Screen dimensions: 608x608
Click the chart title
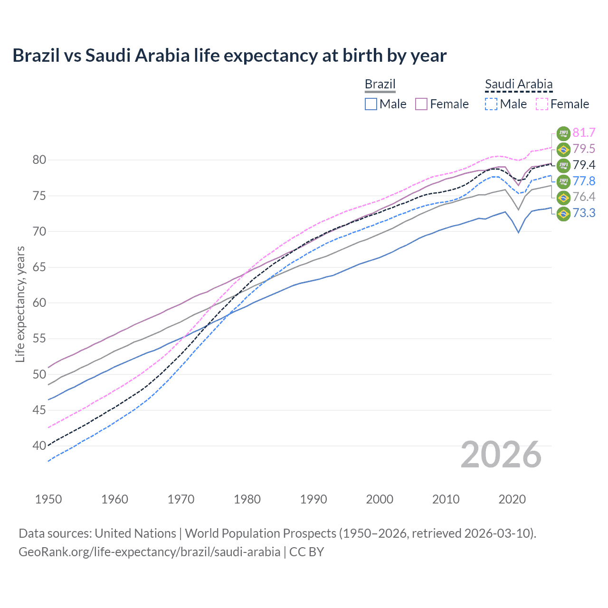[x=229, y=56]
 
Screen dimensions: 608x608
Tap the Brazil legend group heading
[x=380, y=84]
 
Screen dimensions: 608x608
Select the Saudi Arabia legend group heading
[x=519, y=84]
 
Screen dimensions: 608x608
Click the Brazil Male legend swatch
[x=371, y=104]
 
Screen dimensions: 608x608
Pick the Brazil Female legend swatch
[x=421, y=104]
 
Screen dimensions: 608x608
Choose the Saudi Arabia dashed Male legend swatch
[x=491, y=104]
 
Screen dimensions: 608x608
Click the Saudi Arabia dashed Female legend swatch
[x=541, y=104]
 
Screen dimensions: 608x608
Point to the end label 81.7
[x=584, y=133]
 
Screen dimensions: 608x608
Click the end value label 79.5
[x=584, y=149]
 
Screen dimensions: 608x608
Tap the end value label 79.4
[x=584, y=165]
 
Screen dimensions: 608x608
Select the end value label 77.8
[x=584, y=181]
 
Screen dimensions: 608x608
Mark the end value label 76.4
[x=584, y=197]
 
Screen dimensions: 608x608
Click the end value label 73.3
[x=584, y=213]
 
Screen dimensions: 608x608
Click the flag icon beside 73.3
[x=563, y=213]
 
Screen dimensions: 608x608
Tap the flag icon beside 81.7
[x=563, y=133]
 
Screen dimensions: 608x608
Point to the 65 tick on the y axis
[x=39, y=267]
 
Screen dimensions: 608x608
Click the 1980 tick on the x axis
[x=247, y=499]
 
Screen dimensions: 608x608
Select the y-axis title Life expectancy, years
[x=20, y=304]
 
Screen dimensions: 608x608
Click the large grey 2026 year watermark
[x=501, y=455]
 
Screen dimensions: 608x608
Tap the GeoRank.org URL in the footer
[x=149, y=552]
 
